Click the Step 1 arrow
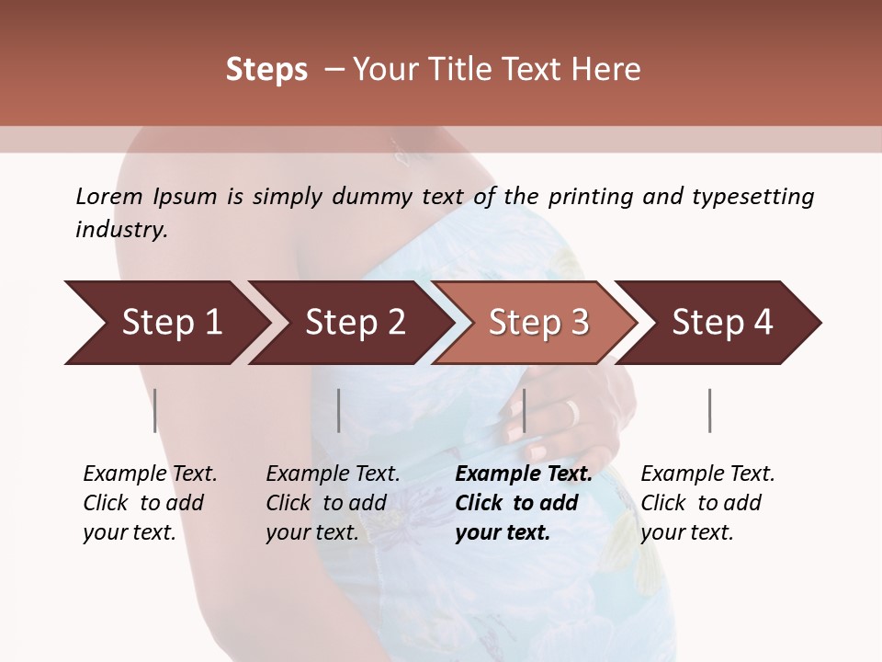[x=165, y=323]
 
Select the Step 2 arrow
[x=349, y=323]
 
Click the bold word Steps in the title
[x=266, y=70]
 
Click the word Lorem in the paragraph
[x=109, y=196]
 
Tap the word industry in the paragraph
[x=120, y=229]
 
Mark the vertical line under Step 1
[x=155, y=410]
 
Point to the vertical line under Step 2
[x=339, y=410]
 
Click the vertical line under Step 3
[x=524, y=410]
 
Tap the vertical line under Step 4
[x=709, y=410]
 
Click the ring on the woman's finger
[x=571, y=412]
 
